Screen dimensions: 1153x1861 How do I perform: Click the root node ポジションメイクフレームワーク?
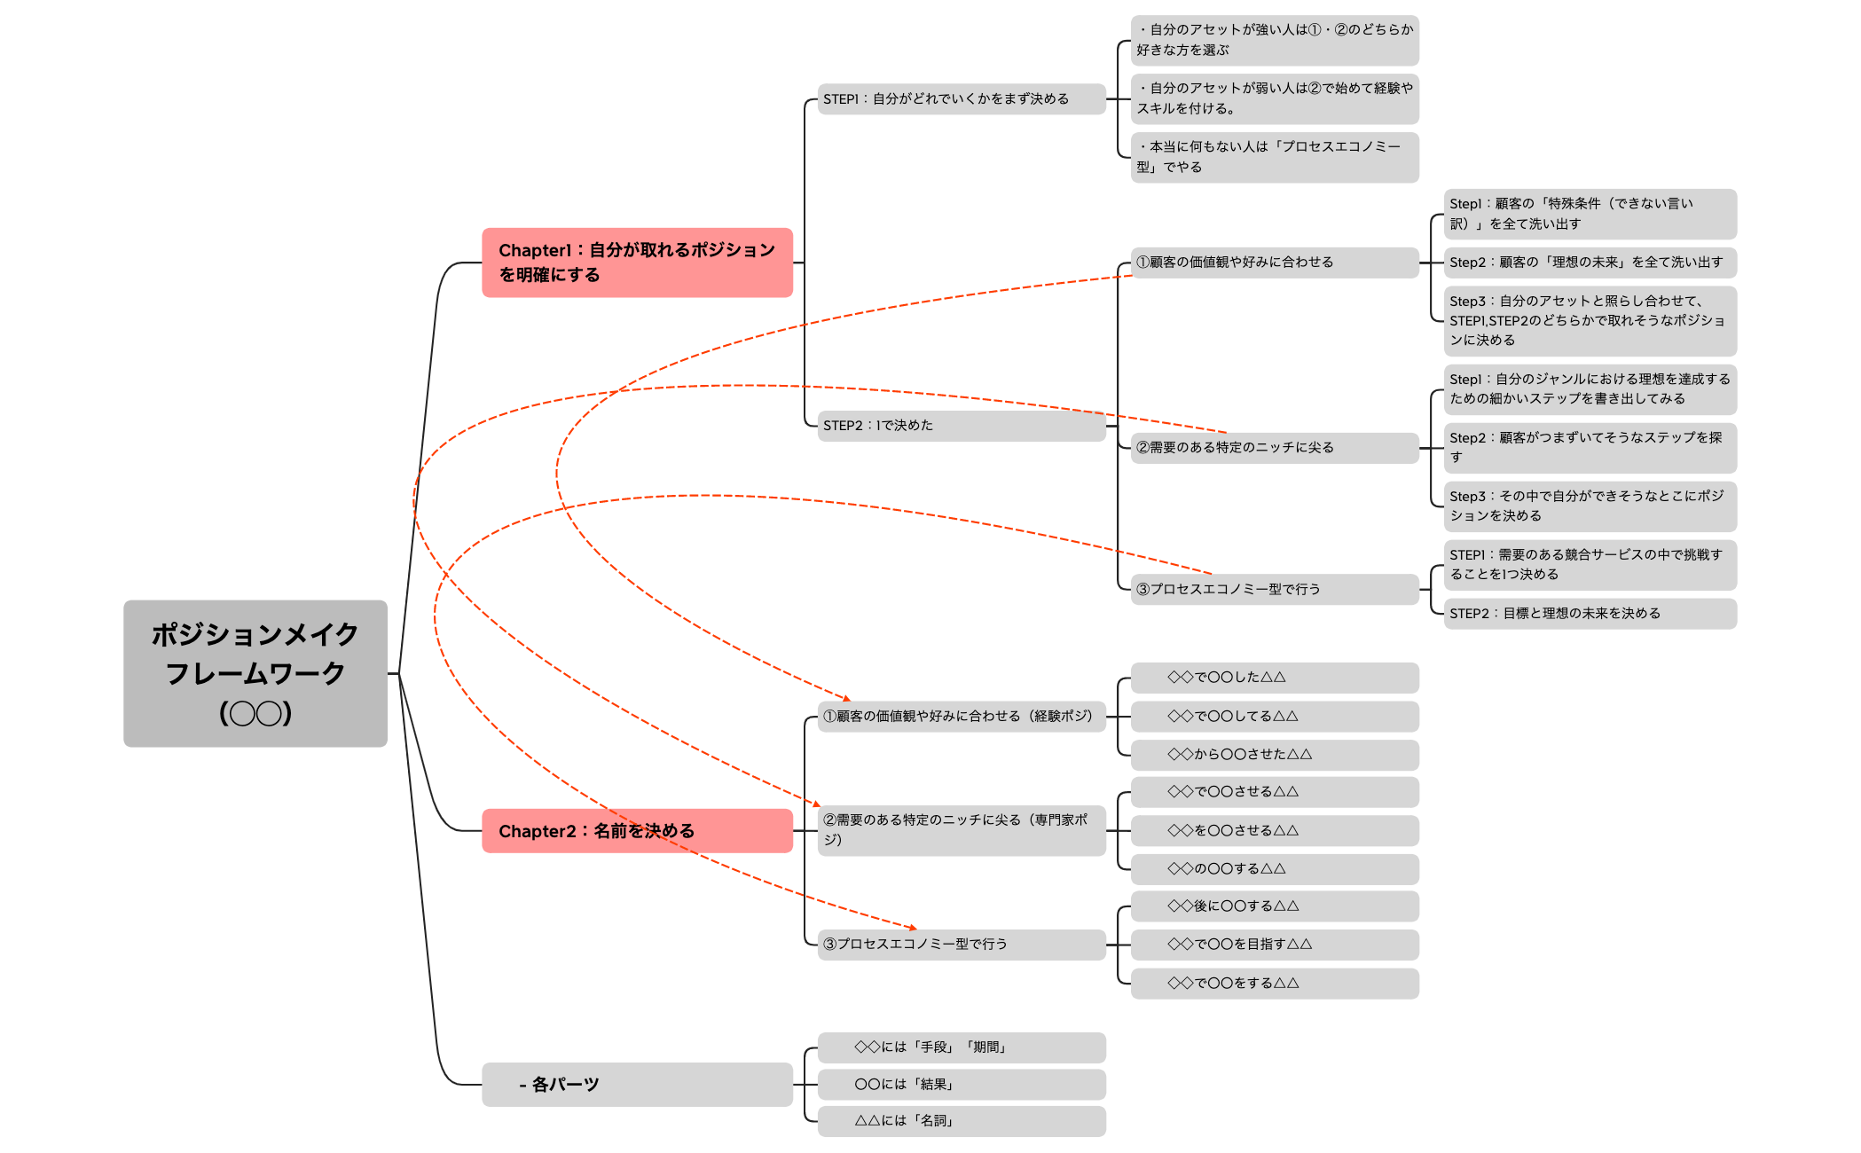pos(255,673)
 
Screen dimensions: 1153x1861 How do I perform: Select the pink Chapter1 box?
pos(637,263)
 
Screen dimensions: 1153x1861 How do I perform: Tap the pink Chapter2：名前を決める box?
pos(637,831)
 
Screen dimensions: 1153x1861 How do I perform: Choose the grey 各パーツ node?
pos(637,1084)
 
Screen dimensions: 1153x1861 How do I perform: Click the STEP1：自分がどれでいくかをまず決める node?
pos(962,99)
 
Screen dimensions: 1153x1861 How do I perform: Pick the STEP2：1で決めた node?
pos(962,426)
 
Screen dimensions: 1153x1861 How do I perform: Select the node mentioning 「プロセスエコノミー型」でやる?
pos(1275,157)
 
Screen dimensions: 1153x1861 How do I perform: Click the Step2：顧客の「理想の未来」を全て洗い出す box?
pos(1590,263)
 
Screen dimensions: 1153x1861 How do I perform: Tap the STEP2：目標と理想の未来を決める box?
pos(1590,614)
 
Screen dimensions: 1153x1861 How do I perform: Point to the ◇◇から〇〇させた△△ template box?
pos(1275,755)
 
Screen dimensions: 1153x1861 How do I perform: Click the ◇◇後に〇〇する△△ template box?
pos(1275,906)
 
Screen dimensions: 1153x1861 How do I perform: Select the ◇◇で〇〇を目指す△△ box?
pos(1275,945)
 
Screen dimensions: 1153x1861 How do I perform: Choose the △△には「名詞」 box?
pos(962,1121)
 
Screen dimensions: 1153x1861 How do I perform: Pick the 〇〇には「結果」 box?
pos(962,1084)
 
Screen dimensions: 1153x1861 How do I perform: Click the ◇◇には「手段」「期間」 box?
pos(962,1047)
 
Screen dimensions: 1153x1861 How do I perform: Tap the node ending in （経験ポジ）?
pos(962,717)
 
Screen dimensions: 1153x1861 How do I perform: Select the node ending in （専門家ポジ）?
pos(962,830)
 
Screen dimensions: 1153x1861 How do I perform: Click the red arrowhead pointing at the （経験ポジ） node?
pos(847,699)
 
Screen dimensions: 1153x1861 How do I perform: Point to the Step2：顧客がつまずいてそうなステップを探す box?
pos(1590,448)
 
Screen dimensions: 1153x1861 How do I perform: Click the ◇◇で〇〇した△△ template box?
pos(1275,678)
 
